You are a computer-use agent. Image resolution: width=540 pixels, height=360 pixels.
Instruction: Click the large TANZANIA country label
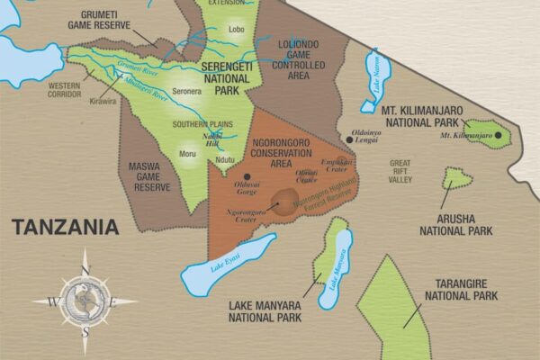(x=65, y=227)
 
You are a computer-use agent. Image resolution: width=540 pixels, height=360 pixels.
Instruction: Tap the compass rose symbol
(x=85, y=301)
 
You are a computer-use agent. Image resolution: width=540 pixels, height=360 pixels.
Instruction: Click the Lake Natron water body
(x=373, y=79)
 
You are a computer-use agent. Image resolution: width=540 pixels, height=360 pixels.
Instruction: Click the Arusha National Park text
(x=456, y=224)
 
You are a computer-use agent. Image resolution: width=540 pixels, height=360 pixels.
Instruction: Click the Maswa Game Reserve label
(x=150, y=175)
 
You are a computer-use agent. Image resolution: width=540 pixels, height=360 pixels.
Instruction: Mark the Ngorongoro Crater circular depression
(x=286, y=202)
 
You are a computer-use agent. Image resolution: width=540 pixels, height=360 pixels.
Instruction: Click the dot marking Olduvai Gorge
(x=246, y=175)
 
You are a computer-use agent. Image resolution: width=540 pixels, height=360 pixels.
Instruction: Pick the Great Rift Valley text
(x=400, y=171)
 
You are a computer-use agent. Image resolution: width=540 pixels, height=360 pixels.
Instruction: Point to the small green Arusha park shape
(x=457, y=178)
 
